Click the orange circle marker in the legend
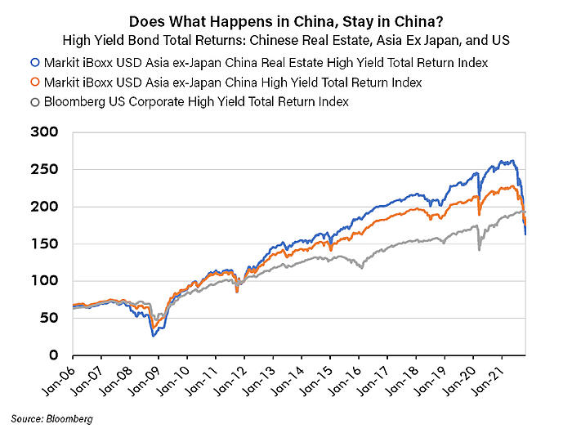click(x=34, y=83)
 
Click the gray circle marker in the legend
click(x=34, y=102)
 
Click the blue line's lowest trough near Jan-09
click(x=153, y=335)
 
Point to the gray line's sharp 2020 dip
click(x=479, y=248)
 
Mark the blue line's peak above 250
click(x=512, y=161)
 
